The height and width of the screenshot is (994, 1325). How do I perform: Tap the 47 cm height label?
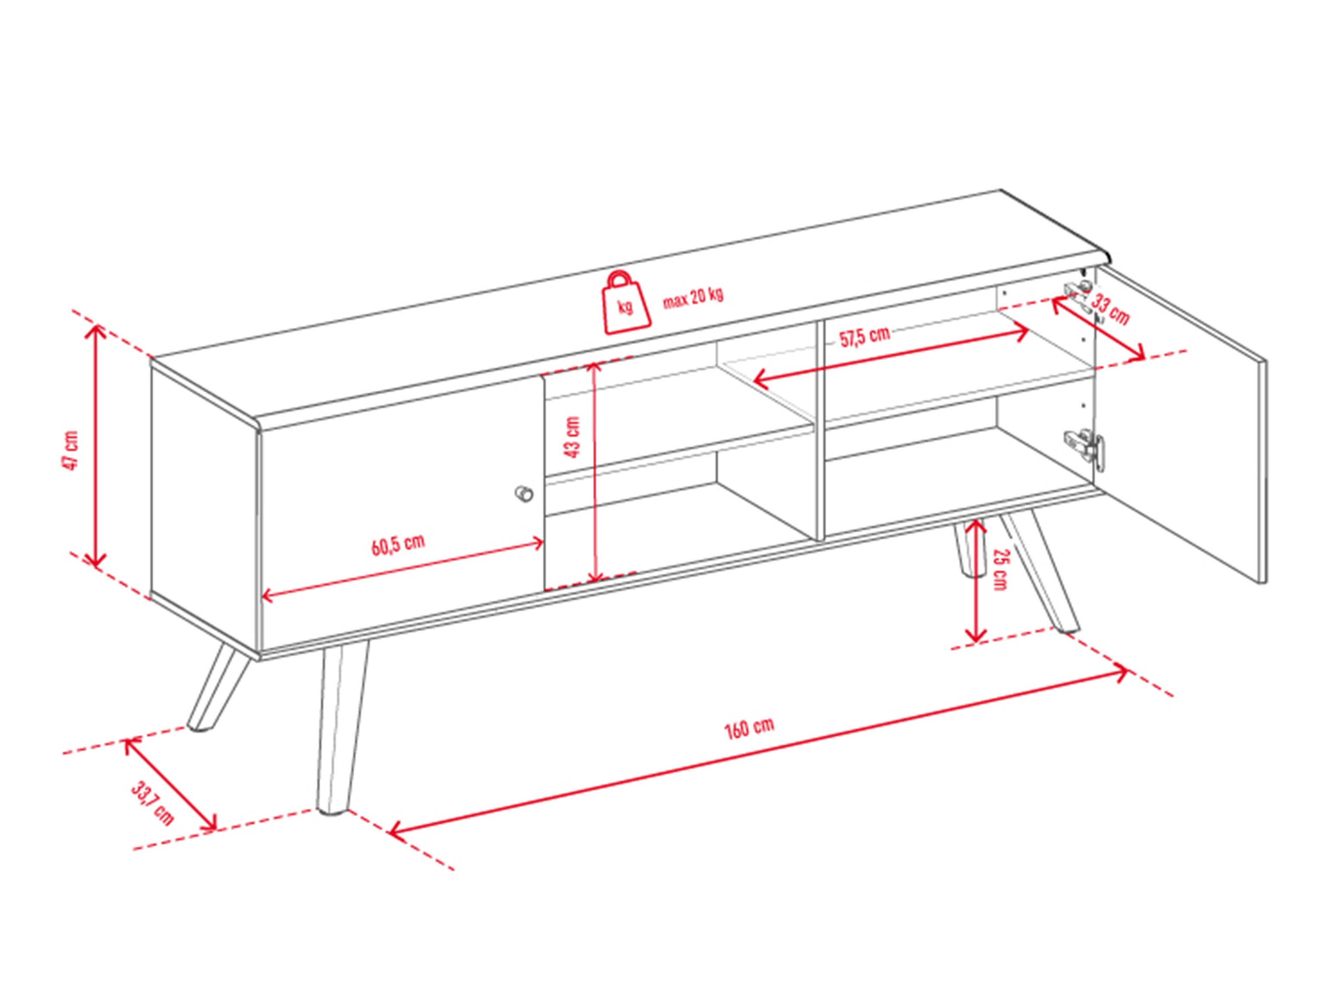click(x=71, y=450)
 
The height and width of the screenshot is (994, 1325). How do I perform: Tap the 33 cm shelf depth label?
click(x=1109, y=309)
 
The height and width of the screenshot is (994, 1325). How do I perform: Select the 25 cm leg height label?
click(x=999, y=569)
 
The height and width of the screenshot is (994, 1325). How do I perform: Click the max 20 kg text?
click(x=692, y=297)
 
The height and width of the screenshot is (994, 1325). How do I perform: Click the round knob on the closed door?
click(x=524, y=494)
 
